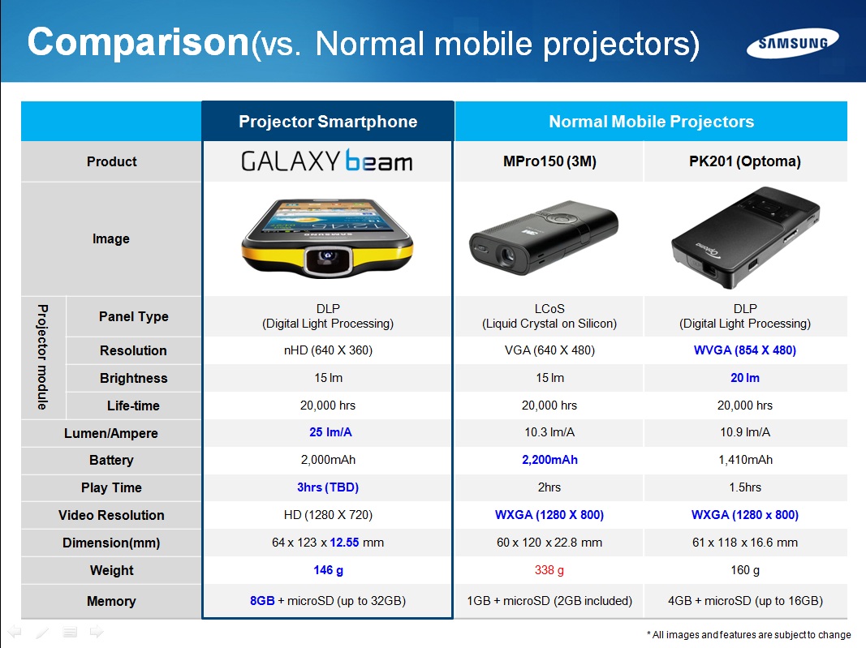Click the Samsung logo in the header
(792, 43)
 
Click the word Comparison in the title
(138, 42)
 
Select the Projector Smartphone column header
(328, 122)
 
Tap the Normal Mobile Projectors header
(651, 122)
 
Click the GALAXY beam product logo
(327, 161)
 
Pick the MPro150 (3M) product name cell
(549, 161)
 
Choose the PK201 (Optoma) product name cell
(744, 161)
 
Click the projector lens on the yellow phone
(328, 258)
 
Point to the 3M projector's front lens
(506, 255)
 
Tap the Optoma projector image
(746, 238)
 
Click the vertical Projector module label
(42, 357)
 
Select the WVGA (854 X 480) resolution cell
(744, 350)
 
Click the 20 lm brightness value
(744, 378)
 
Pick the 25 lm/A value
(330, 432)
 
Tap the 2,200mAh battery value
(549, 460)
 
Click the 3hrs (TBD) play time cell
(328, 487)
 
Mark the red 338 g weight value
(549, 570)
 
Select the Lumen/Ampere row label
(111, 433)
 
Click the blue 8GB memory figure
(262, 600)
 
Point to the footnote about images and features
(748, 635)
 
